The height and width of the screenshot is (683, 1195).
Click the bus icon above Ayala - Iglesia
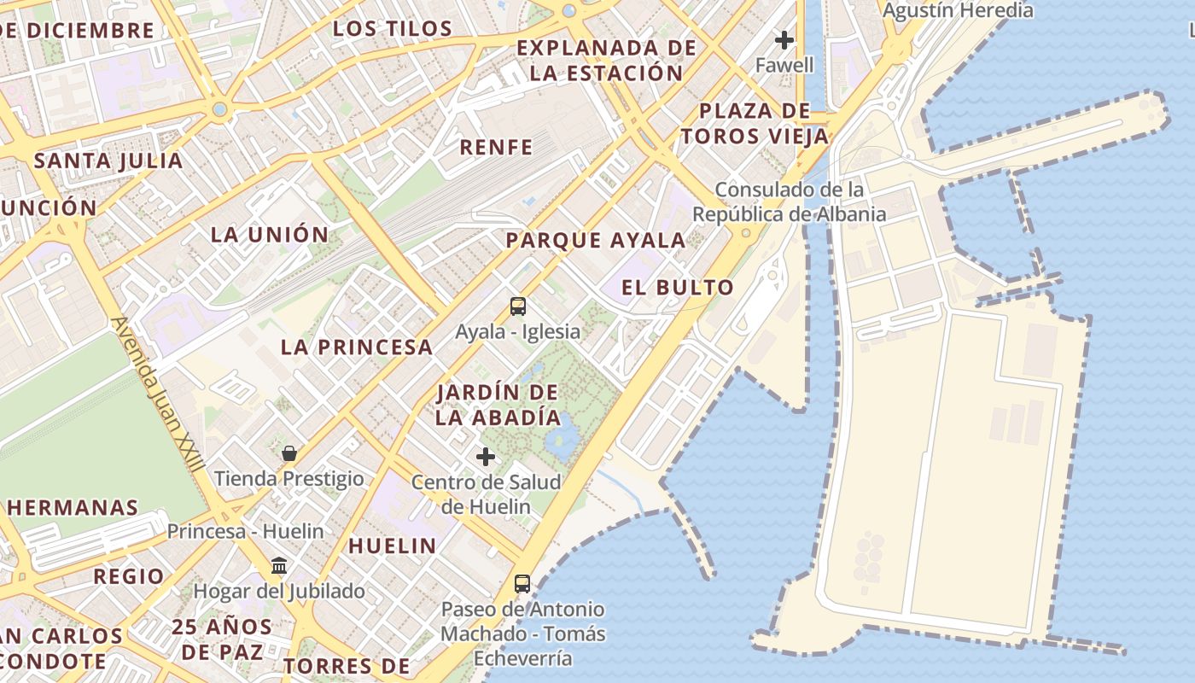(517, 306)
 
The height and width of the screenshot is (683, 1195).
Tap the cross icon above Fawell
(784, 39)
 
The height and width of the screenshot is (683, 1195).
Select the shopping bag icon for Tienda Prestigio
(289, 452)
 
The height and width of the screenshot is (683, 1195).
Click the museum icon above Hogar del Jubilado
(279, 565)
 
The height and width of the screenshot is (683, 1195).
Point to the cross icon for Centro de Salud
(486, 457)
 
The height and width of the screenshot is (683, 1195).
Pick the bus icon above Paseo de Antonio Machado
(522, 584)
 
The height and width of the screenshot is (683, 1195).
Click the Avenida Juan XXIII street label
(159, 394)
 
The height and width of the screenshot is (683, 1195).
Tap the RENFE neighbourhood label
(496, 148)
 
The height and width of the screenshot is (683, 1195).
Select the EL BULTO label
(677, 288)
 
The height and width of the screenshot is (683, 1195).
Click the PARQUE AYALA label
(596, 241)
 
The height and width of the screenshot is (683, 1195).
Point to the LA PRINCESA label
(357, 347)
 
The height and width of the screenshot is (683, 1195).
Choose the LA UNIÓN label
(270, 235)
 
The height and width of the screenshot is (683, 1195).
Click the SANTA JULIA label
(108, 161)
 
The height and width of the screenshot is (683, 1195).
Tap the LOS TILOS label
(393, 29)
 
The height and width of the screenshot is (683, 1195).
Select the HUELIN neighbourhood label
(393, 546)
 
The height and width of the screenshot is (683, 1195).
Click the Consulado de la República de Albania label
(789, 201)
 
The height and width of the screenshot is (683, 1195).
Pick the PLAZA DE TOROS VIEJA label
(755, 124)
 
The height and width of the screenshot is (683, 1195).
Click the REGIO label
(129, 576)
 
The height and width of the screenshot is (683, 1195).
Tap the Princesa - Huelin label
(245, 531)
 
